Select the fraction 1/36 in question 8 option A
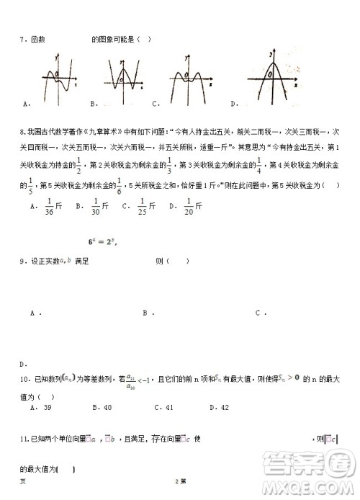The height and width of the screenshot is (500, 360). click(x=50, y=206)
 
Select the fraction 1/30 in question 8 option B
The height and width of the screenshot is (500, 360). click(x=95, y=206)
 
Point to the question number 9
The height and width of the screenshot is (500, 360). click(x=22, y=262)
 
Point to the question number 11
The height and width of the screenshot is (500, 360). click(x=23, y=438)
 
